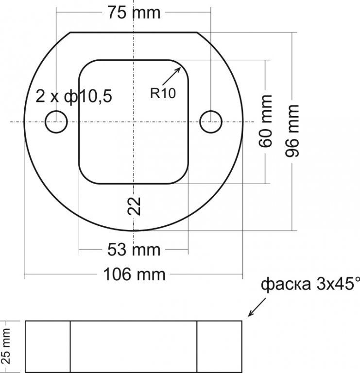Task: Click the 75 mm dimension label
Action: point(134,12)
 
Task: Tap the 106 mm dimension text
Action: point(134,274)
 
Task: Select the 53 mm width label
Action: point(134,250)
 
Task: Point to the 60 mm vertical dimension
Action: point(265,121)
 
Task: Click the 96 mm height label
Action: point(291,131)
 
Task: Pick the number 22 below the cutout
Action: point(134,206)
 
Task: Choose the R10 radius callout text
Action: point(163,93)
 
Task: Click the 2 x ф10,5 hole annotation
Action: point(74,96)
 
